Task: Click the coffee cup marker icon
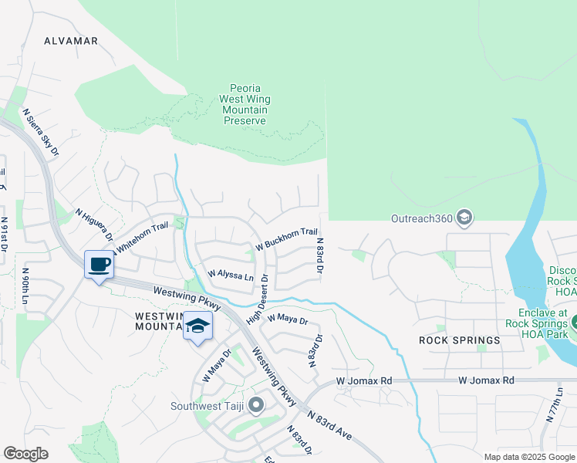[99, 265]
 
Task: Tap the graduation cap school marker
[198, 326]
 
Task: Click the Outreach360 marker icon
[464, 219]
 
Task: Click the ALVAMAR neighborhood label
[71, 41]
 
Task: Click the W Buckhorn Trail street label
[286, 238]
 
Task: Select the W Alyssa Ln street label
[231, 275]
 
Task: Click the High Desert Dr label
[257, 300]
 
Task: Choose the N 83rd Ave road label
[329, 424]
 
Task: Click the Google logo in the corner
[25, 453]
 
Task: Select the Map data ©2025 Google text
[528, 457]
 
